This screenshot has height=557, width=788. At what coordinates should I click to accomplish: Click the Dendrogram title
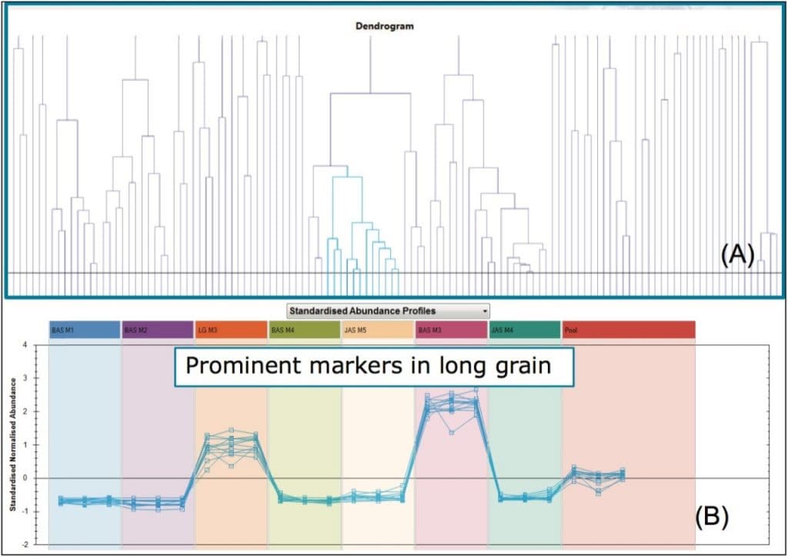tap(385, 25)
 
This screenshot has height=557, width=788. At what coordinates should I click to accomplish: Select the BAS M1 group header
tap(85, 330)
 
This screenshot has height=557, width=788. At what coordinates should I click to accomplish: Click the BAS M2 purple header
tap(158, 330)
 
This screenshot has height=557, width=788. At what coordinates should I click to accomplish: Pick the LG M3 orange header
tap(231, 330)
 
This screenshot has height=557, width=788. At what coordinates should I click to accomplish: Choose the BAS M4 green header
tap(305, 330)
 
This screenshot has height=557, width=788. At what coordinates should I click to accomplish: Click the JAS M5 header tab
tap(378, 330)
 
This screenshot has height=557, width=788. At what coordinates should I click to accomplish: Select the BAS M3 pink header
tap(451, 330)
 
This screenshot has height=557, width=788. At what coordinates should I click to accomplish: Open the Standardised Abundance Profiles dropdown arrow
tap(484, 311)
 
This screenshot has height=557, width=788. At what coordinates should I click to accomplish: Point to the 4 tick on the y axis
tap(25, 345)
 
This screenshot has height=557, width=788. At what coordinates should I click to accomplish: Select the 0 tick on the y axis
tap(25, 478)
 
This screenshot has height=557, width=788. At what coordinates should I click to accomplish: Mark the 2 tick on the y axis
tap(25, 411)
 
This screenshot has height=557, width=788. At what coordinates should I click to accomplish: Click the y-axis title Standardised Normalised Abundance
tap(12, 445)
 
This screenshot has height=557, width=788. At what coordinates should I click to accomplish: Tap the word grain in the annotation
tap(525, 365)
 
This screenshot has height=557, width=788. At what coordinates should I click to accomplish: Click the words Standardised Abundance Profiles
tap(362, 311)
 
